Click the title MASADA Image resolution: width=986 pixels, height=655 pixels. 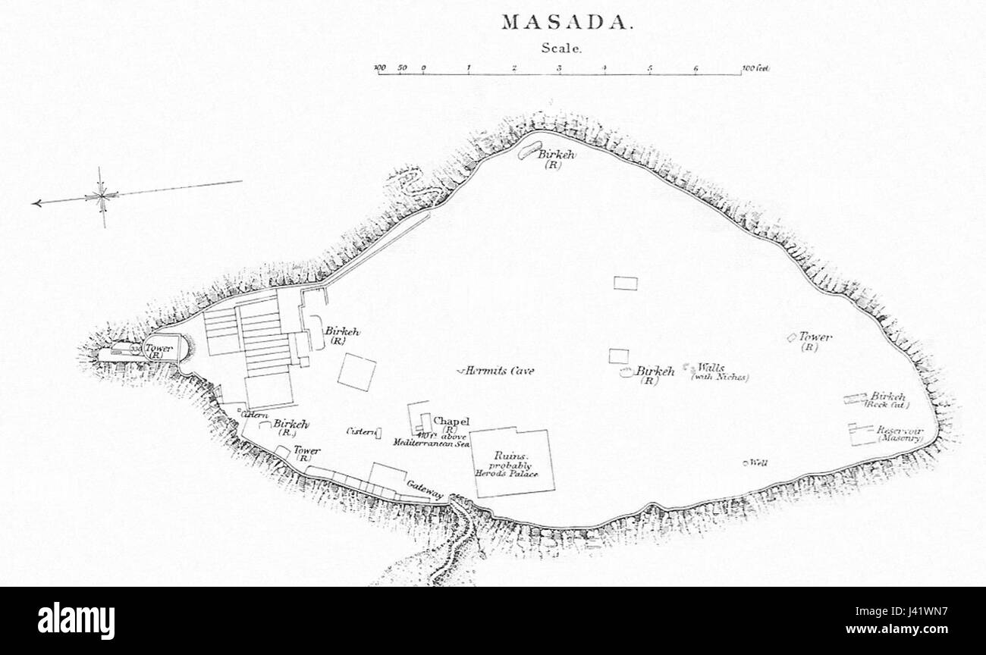click(x=566, y=22)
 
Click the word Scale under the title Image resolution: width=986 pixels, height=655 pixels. click(x=561, y=48)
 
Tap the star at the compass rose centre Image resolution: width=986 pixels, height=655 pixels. click(x=102, y=196)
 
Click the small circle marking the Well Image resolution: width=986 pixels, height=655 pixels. click(x=746, y=462)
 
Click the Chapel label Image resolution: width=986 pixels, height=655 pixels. click(x=451, y=422)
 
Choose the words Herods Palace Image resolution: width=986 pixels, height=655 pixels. click(x=506, y=474)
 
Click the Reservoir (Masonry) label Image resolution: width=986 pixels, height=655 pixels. click(x=900, y=434)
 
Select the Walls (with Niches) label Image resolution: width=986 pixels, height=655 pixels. click(x=718, y=371)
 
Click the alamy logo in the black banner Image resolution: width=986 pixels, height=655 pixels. click(x=77, y=620)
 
